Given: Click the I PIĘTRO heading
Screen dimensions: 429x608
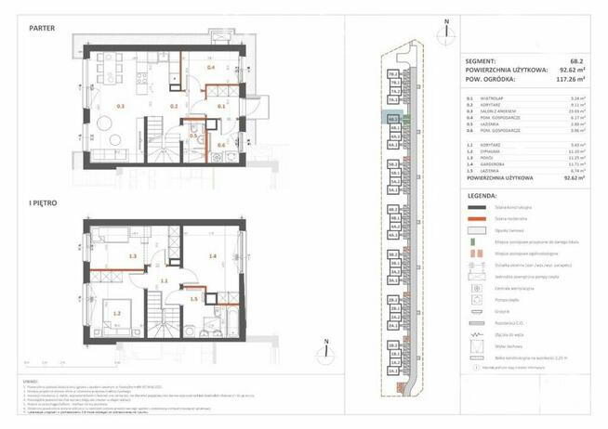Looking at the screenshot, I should point(43,201).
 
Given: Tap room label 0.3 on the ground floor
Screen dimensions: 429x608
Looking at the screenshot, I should point(120,106).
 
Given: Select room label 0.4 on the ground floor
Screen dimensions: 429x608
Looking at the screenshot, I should point(210,68).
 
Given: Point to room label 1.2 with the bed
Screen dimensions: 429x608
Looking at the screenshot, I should point(117,313).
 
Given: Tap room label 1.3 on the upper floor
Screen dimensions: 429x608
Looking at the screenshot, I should point(133,255).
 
